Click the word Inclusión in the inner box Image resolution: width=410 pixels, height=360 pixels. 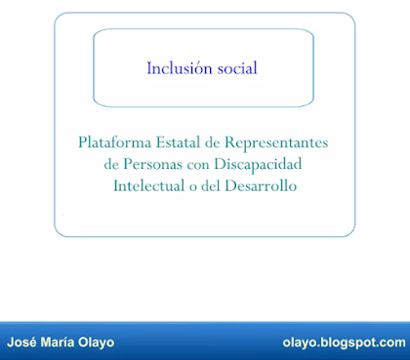[180, 68]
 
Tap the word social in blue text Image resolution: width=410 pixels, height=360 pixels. [237, 68]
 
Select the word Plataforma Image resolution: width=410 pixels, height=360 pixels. [114, 142]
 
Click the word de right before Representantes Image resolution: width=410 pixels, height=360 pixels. [212, 142]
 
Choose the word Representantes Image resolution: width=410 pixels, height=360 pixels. [276, 142]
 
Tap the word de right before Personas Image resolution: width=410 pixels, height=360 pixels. [111, 164]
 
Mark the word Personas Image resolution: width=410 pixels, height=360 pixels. [152, 164]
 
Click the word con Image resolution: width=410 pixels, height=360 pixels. [198, 165]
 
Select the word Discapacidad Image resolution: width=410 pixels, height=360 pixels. [258, 164]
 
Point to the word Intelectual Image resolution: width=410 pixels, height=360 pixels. [148, 185]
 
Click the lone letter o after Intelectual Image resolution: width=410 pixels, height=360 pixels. [192, 187]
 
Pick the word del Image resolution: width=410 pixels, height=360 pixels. [211, 185]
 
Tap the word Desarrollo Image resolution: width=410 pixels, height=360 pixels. [261, 185]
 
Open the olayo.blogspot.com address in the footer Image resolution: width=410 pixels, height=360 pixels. [345, 342]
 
